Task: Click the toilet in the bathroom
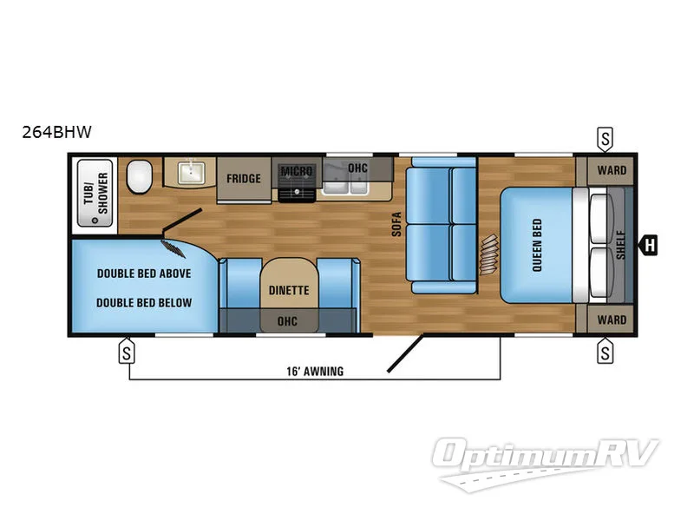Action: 139,178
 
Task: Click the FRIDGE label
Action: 244,179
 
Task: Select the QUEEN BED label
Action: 536,246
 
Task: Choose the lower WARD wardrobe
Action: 612,320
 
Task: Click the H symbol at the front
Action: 649,246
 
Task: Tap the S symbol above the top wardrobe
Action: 605,137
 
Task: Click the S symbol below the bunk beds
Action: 128,353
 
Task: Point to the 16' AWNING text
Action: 313,372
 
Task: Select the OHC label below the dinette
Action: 287,321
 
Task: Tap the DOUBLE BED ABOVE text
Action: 144,273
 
